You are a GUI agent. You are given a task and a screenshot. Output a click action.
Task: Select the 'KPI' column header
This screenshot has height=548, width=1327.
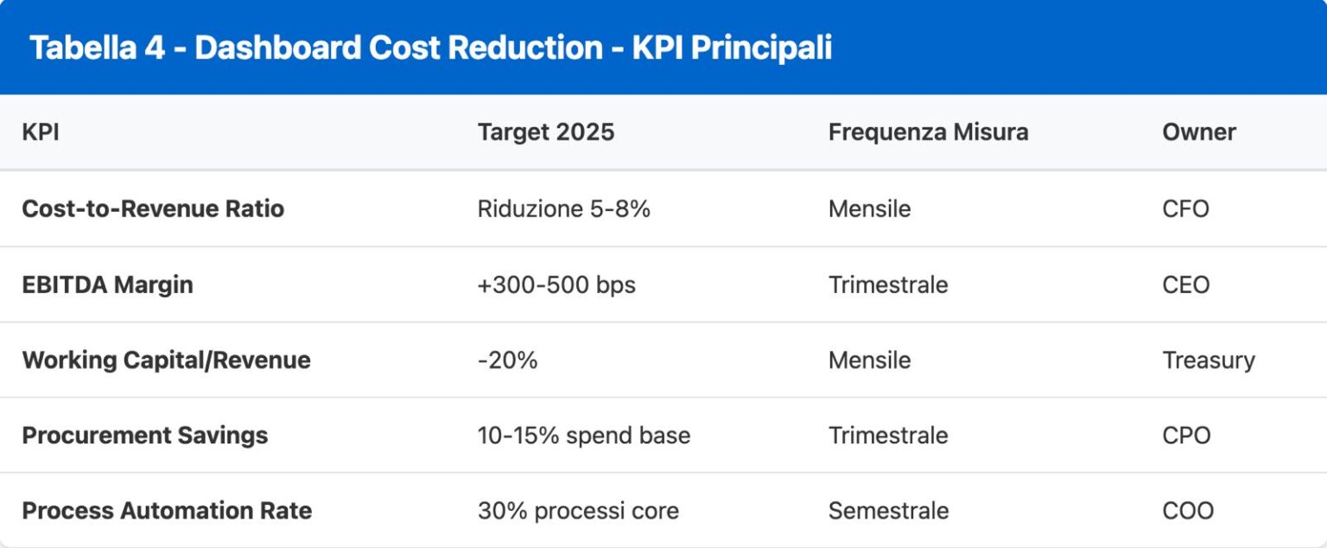(x=41, y=132)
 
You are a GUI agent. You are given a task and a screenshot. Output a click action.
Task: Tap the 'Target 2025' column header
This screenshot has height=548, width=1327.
(x=545, y=132)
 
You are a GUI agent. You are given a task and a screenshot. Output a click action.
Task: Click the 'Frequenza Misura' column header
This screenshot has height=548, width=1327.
(x=928, y=132)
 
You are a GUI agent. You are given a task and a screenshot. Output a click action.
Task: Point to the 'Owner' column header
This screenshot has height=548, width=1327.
(x=1198, y=132)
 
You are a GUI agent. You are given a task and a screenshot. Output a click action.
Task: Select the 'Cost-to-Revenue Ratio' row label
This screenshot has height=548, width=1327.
(x=153, y=209)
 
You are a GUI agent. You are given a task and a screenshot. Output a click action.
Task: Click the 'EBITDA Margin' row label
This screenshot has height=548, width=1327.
(x=107, y=284)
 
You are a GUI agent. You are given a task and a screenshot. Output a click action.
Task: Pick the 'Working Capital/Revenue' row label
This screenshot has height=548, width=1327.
(x=166, y=360)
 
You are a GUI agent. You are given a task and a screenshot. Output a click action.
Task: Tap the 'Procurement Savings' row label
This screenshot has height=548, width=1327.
(x=144, y=435)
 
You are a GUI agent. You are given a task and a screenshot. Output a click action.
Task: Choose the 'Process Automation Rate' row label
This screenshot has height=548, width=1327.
(x=167, y=510)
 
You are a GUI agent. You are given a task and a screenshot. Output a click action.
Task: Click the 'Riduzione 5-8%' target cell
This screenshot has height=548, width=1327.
(x=563, y=209)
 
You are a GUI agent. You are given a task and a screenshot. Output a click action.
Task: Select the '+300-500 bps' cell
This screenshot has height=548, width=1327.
(x=556, y=284)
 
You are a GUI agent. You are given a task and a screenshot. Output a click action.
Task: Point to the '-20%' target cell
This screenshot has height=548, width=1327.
(x=507, y=360)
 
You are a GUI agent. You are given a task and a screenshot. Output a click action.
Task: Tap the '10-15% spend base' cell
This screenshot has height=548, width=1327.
(x=583, y=435)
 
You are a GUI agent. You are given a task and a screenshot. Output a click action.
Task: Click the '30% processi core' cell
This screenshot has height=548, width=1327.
(x=578, y=510)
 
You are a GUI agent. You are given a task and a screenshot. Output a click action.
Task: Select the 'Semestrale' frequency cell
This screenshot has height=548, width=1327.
(x=888, y=510)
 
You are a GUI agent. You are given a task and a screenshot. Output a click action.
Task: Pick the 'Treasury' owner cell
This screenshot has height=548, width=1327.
(x=1208, y=360)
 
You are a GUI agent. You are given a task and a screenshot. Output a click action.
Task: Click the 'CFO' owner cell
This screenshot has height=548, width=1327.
(x=1185, y=209)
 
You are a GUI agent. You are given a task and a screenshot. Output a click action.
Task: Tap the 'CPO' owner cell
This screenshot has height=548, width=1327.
(x=1186, y=435)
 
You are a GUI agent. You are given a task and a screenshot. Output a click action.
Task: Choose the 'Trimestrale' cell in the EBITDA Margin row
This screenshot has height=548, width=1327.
(x=888, y=284)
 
